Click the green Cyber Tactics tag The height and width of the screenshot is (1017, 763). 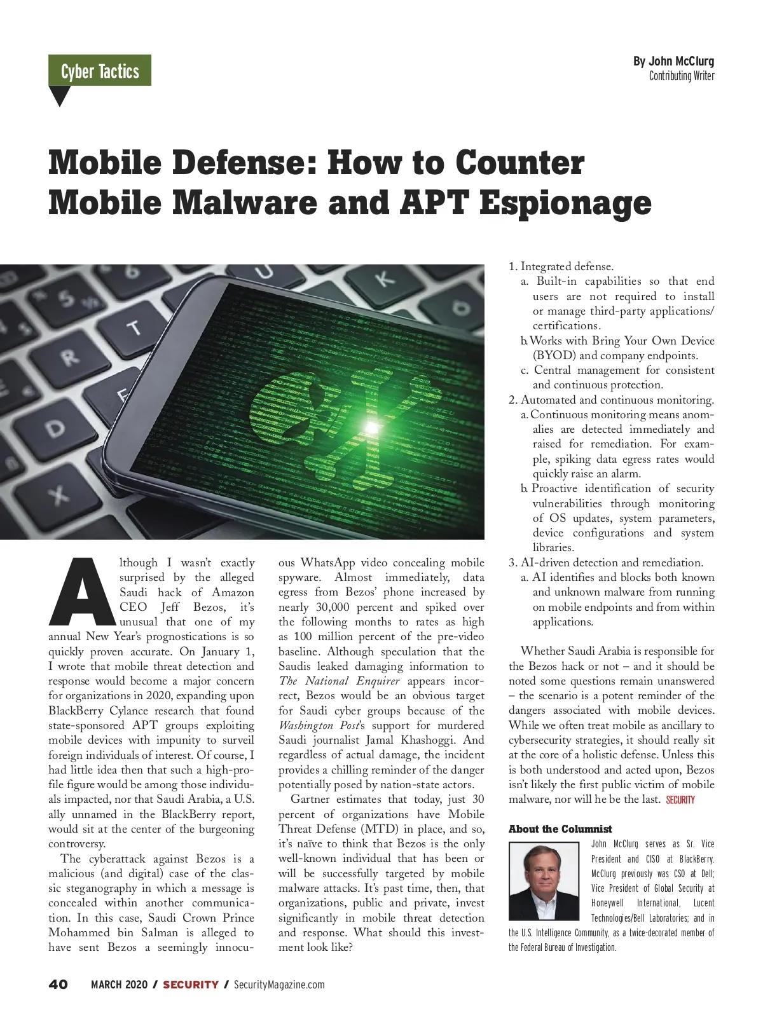point(100,71)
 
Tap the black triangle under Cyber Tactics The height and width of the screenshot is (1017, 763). point(59,95)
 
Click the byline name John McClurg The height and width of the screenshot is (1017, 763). point(673,61)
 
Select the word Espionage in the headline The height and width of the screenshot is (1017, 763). point(565,203)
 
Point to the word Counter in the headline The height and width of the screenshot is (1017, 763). point(519,163)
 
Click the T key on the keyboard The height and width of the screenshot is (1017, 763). point(134,329)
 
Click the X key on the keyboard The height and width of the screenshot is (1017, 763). point(59,494)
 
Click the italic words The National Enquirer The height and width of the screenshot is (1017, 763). point(340,681)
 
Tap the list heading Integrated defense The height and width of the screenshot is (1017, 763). point(567,266)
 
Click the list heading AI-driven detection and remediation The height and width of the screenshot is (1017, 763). point(612,563)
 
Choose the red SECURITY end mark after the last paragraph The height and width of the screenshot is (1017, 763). point(680,800)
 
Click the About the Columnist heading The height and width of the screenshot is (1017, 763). point(560,829)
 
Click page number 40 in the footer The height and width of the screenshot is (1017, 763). point(58,985)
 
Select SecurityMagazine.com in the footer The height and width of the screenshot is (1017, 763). point(279,985)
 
